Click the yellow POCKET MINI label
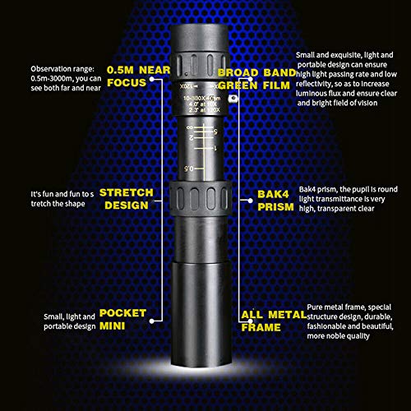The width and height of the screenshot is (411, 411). [122, 320]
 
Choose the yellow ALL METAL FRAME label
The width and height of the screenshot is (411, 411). [266, 321]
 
